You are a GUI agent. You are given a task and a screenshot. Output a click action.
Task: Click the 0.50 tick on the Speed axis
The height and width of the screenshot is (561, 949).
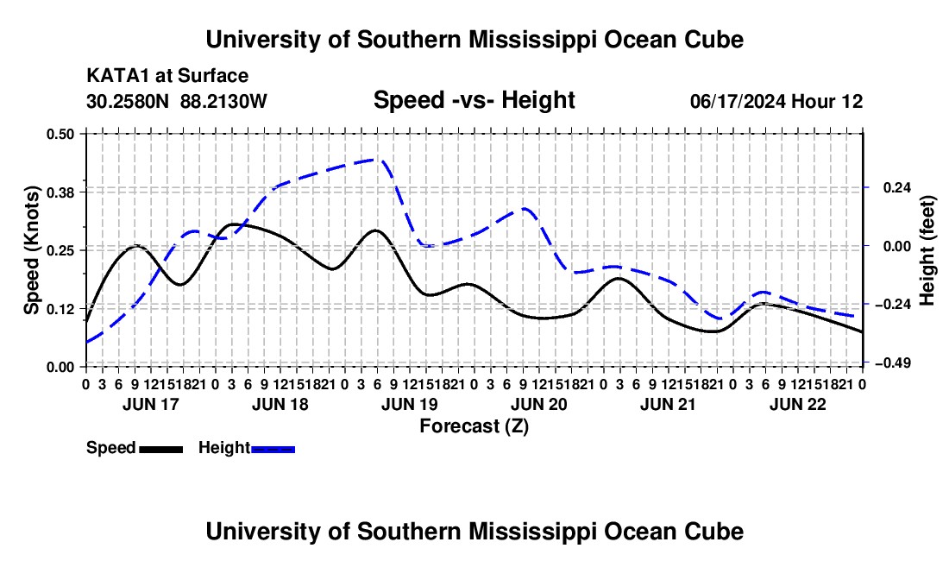tap(60, 134)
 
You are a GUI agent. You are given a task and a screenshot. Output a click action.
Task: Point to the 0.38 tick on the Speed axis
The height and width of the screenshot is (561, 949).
tap(60, 192)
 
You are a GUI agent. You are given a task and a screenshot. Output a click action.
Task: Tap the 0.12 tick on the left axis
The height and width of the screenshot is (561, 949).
tap(60, 309)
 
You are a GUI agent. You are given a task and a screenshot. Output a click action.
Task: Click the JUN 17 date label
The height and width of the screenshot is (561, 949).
tap(151, 404)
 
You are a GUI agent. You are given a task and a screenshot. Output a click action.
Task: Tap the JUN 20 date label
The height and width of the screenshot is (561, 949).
tap(538, 404)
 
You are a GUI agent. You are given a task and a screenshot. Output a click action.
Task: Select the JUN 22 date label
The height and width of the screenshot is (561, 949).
tap(798, 404)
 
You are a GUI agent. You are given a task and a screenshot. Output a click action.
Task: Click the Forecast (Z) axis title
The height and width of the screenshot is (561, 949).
tap(474, 426)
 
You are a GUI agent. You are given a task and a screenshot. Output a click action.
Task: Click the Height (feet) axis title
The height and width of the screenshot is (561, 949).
tap(927, 250)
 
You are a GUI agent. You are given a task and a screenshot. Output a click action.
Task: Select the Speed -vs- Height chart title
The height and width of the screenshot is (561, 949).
tap(474, 100)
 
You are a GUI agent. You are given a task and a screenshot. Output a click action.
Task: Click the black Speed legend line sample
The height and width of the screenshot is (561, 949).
tap(161, 449)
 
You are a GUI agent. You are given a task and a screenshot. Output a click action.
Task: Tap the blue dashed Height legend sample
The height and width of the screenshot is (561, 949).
tap(273, 449)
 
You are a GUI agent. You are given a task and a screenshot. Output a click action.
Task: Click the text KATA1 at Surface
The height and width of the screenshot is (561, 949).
tap(167, 76)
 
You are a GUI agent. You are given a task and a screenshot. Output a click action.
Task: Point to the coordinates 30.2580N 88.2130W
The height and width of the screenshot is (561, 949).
tap(177, 101)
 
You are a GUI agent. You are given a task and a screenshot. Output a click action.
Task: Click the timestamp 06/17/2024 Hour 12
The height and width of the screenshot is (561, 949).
tap(776, 101)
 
